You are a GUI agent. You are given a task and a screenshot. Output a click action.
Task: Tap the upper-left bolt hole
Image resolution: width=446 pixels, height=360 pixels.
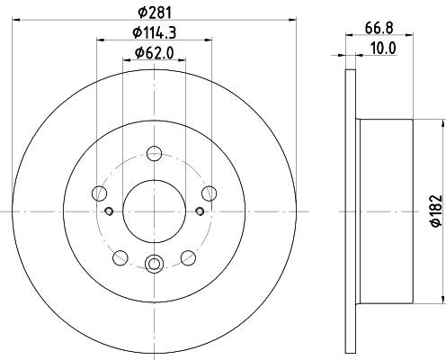pyautogui.click(x=98, y=193)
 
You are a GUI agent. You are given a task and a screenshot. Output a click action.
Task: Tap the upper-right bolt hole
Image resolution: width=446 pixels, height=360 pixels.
pyautogui.click(x=209, y=193)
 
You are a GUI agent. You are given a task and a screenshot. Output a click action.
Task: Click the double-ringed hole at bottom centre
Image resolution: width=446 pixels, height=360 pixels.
pyautogui.click(x=153, y=264)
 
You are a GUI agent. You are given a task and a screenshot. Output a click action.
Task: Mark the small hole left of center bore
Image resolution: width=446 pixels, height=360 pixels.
pyautogui.click(x=108, y=211)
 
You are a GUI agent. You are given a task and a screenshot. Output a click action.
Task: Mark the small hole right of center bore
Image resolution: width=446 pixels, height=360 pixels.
pyautogui.click(x=198, y=211)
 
